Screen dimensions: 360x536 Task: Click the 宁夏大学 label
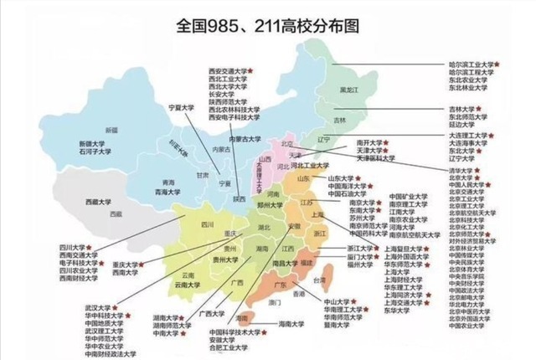pos(181,108)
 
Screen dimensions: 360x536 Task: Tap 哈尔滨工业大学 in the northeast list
pos(474,64)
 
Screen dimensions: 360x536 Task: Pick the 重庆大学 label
pos(124,265)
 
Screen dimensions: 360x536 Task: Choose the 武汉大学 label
pos(99,307)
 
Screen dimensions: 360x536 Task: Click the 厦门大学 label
pos(359,257)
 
